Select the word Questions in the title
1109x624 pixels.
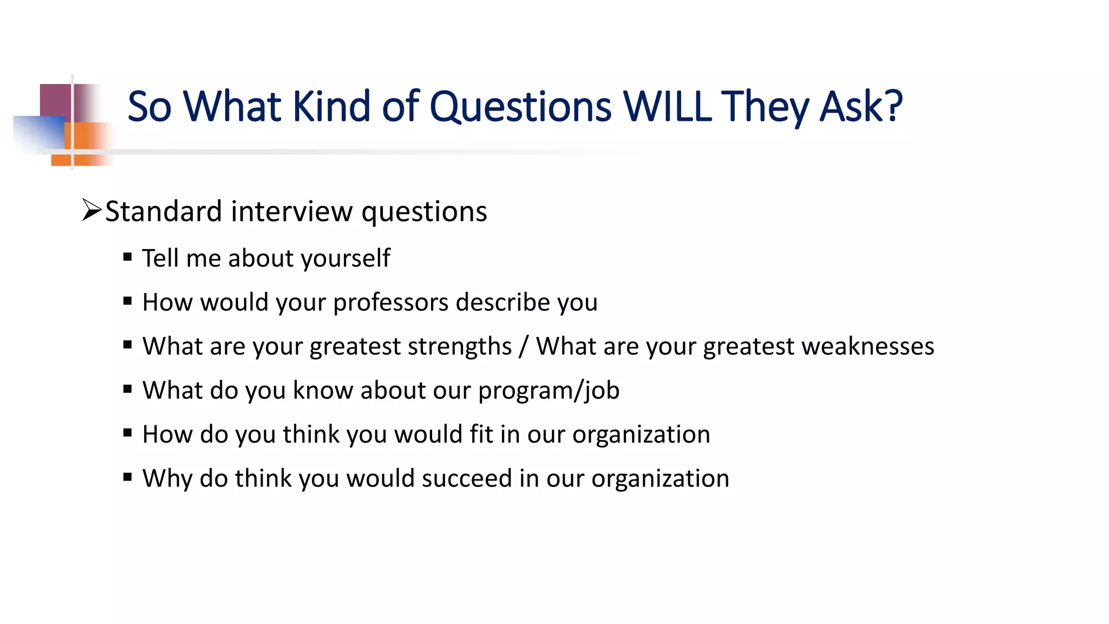[520, 107]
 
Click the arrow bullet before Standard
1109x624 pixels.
[92, 210]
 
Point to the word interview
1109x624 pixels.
[291, 211]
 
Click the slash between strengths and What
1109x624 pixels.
[523, 347]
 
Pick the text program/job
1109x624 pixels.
[549, 391]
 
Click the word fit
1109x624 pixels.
[481, 434]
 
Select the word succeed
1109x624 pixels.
[467, 478]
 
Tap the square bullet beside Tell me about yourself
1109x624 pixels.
[128, 257]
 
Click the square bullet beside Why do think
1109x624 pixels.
[128, 477]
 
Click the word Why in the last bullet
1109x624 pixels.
[167, 479]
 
